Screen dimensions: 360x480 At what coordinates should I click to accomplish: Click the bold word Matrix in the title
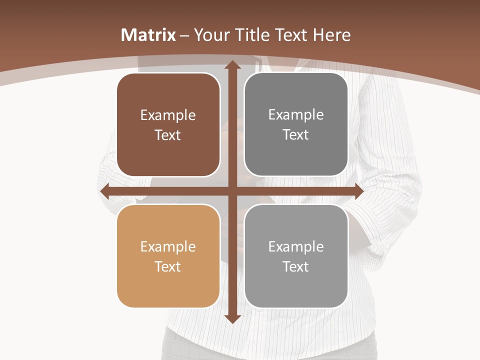click(x=148, y=35)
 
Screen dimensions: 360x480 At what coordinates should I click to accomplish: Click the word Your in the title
click(x=212, y=35)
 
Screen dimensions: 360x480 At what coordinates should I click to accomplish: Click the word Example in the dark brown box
click(x=168, y=115)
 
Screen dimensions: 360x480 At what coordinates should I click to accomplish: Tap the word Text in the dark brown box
click(x=168, y=135)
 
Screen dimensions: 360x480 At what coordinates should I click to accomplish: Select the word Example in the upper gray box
click(x=296, y=115)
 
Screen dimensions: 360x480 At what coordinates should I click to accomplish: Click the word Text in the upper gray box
click(x=296, y=134)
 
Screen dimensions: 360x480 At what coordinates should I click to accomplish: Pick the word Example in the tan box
click(x=168, y=247)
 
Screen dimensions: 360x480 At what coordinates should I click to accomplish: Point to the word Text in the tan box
click(x=168, y=266)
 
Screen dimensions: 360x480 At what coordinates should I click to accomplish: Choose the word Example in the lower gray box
click(x=296, y=247)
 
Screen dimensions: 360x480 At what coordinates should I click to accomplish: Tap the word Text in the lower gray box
click(x=296, y=266)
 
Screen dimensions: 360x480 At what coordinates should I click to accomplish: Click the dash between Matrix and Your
click(x=185, y=35)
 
